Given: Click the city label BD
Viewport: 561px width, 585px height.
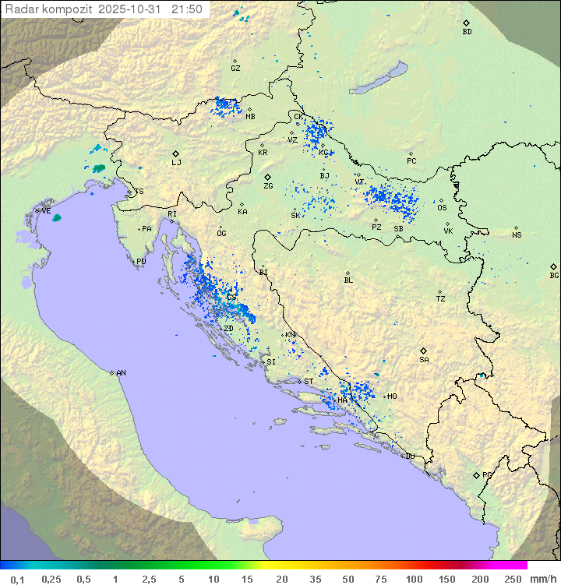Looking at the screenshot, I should (x=467, y=32).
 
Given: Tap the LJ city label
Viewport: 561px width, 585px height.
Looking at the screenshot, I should (x=176, y=163).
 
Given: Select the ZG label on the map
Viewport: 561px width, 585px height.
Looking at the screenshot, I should (x=268, y=186).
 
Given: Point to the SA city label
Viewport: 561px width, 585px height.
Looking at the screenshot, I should (x=424, y=360).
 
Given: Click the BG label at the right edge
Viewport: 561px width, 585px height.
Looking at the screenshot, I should (x=554, y=275).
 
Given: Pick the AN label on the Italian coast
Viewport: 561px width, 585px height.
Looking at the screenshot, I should (x=121, y=373).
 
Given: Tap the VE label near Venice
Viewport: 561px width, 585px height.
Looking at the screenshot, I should (x=46, y=211).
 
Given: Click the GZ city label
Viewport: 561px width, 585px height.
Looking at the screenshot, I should (x=235, y=68).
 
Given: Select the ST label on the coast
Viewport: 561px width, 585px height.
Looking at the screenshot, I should (x=309, y=382).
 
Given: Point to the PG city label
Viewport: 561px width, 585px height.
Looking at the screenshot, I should (x=487, y=474).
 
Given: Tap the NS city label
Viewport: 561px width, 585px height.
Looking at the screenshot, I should (x=517, y=235).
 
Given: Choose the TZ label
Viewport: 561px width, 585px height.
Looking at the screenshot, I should (x=441, y=299).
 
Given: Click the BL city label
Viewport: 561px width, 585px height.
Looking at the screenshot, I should (x=348, y=280).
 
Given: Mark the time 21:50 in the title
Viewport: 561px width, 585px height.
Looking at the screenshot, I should (x=188, y=9).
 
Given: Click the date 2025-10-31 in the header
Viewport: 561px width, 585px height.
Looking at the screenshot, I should (x=133, y=9).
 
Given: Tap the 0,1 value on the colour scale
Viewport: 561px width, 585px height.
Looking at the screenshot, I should (x=17, y=579).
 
